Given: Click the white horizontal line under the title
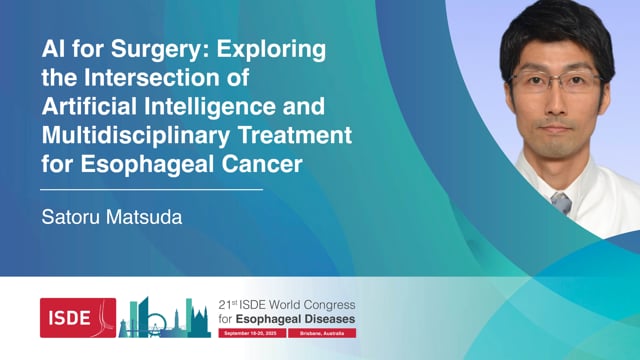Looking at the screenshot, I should [x=151, y=188].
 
